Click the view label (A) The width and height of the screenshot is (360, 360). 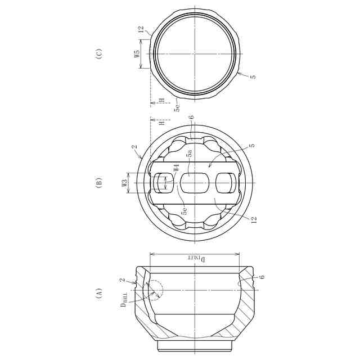(x=99, y=293)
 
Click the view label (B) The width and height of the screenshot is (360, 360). (x=99, y=182)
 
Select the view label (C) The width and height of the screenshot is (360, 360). (x=99, y=54)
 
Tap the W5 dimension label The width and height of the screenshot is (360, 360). (x=137, y=54)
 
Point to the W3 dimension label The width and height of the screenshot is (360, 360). (x=125, y=183)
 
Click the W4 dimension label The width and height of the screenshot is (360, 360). (x=176, y=168)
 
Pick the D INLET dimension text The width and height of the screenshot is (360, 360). (x=197, y=259)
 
